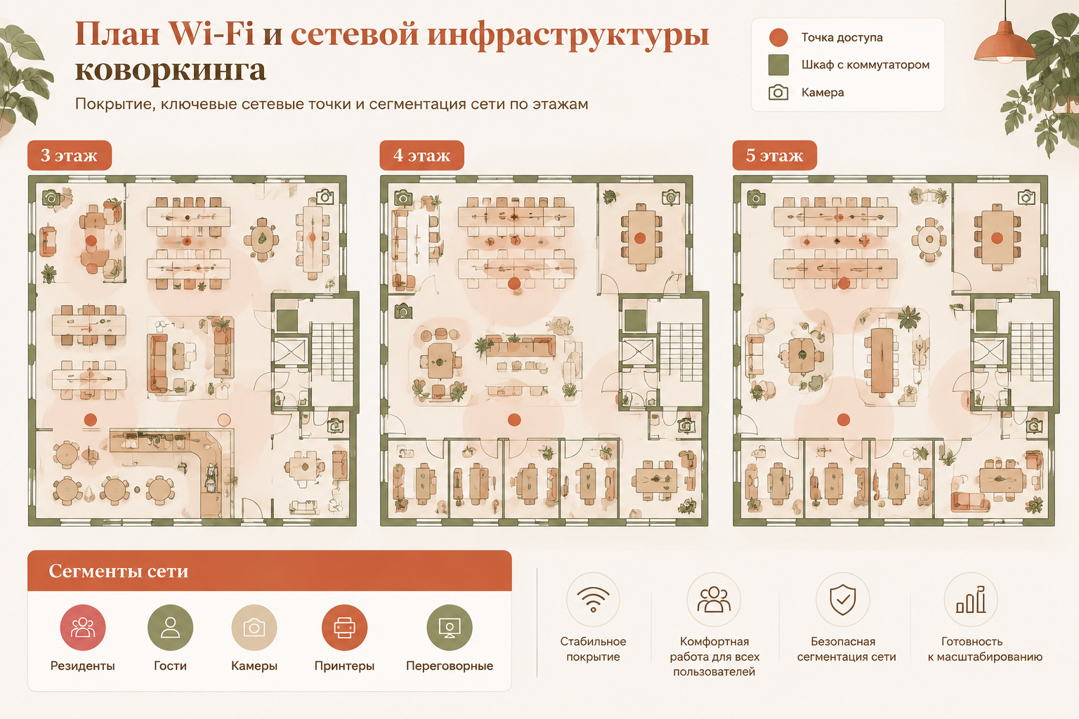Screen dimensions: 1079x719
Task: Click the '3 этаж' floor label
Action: [70, 155]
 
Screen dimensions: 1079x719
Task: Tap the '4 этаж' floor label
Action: [421, 155]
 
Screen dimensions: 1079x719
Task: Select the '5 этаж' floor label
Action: [775, 155]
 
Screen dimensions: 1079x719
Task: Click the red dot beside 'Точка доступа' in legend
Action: [778, 37]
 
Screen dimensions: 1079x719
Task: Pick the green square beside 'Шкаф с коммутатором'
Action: [778, 65]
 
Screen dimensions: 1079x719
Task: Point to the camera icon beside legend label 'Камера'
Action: [778, 92]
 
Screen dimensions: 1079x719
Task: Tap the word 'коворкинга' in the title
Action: [171, 70]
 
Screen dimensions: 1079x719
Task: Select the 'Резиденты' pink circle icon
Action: [83, 628]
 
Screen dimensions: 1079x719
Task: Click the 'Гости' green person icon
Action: [170, 628]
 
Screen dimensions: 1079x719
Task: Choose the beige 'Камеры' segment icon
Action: [254, 628]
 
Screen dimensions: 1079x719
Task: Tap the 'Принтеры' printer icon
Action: [344, 628]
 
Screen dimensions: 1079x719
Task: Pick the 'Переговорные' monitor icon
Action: [450, 628]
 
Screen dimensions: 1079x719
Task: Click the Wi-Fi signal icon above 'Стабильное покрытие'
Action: [593, 599]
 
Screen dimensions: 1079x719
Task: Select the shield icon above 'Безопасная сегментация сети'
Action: [842, 600]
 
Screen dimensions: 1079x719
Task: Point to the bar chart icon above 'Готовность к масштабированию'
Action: [971, 600]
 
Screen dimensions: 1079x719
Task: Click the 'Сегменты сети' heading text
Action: [119, 571]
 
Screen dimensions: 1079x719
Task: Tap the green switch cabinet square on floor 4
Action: [635, 320]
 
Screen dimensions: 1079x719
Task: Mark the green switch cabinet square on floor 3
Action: [287, 320]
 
